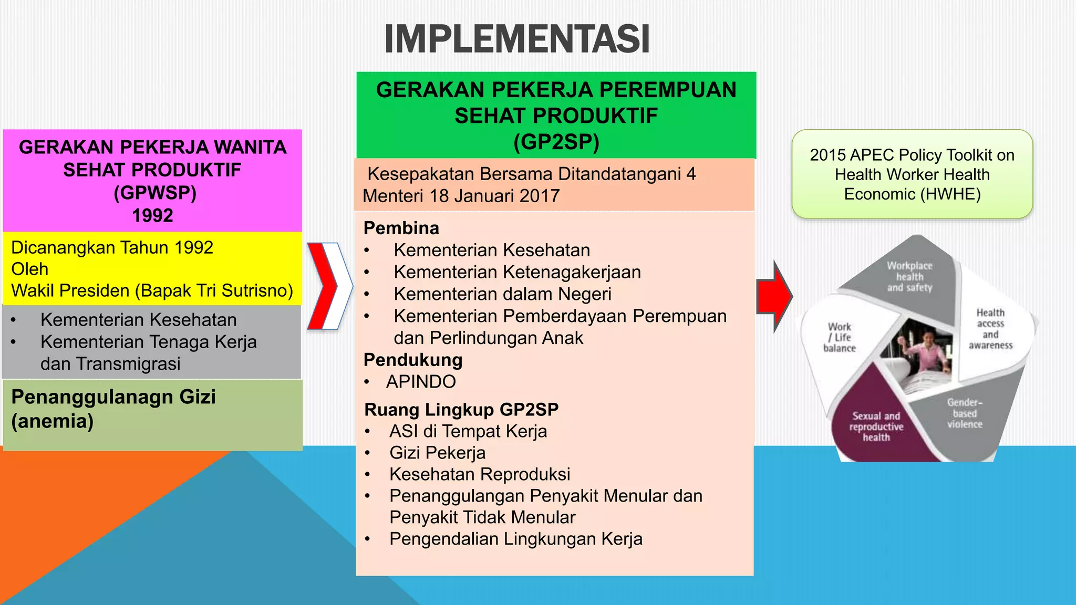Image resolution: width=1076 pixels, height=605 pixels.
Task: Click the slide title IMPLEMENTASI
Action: tap(517, 39)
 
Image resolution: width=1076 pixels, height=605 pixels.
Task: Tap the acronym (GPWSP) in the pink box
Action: tap(155, 193)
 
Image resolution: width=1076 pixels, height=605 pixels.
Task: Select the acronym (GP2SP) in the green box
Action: tap(556, 142)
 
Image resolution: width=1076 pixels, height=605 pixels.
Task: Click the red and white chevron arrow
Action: tap(329, 286)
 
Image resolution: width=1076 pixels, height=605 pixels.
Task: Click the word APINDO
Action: tap(421, 382)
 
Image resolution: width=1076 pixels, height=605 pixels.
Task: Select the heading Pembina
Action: tap(401, 228)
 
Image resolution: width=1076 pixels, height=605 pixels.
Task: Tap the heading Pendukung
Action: tap(413, 360)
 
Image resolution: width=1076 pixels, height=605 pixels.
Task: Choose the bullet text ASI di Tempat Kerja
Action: tap(468, 431)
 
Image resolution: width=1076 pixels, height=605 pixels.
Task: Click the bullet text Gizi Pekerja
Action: tap(437, 453)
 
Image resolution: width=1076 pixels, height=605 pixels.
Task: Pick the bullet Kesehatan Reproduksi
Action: tap(479, 474)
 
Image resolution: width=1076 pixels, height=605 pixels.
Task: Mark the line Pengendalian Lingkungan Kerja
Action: tap(515, 539)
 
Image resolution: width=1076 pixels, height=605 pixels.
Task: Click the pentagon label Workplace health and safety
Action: tap(909, 277)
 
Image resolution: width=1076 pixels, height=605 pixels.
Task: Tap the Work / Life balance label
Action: tap(840, 337)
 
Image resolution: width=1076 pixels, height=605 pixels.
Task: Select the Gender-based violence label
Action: tap(965, 413)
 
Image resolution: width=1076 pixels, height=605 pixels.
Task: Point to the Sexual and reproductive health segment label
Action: tap(876, 426)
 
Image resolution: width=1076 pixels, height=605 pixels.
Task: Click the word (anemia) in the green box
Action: tap(53, 421)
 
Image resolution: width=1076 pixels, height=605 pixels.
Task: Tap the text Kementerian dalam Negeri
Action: tap(502, 294)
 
